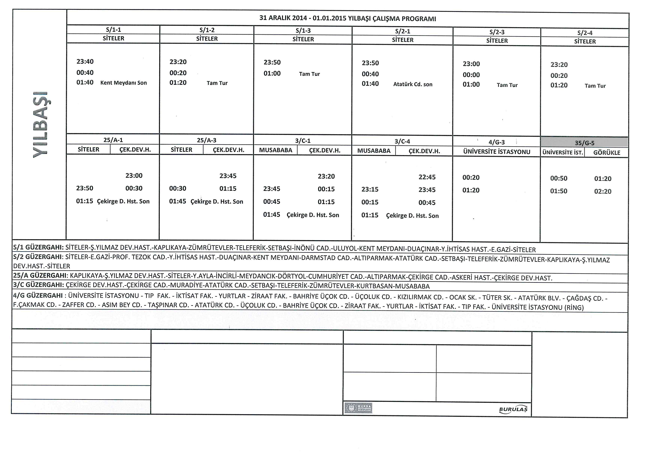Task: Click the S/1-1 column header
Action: click(113, 29)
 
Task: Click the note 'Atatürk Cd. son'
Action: click(413, 84)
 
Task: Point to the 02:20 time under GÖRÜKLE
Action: click(603, 191)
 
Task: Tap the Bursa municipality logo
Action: click(358, 408)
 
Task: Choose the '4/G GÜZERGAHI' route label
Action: click(38, 295)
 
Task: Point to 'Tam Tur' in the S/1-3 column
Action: click(309, 74)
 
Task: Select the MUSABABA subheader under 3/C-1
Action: click(276, 150)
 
